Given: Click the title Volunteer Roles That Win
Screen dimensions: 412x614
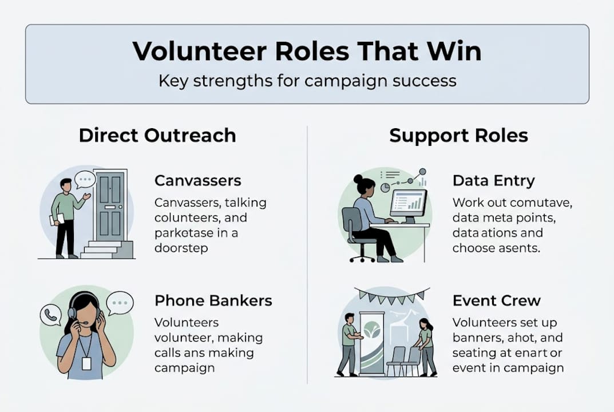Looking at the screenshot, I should coord(307,51).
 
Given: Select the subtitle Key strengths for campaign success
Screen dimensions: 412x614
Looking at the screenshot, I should coord(307,80).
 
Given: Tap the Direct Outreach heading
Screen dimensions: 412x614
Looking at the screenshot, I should coord(157,136).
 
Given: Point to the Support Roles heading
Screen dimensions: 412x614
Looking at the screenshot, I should coord(458,136).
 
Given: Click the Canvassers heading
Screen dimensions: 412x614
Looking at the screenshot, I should coord(198,181).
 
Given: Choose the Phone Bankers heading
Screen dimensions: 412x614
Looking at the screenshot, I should coord(213,300).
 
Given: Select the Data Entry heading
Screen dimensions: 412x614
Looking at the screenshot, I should coord(493,181).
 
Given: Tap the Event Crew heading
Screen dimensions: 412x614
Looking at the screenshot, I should coord(496,300).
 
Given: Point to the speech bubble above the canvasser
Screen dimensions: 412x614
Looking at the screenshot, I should coord(86,180).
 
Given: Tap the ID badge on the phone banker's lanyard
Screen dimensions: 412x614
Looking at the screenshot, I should coord(86,363).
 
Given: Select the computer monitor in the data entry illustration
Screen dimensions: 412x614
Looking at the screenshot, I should coord(409,203).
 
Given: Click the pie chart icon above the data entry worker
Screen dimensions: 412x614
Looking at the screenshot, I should coord(385,187).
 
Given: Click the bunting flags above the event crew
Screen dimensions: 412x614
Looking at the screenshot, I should coord(391,296).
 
